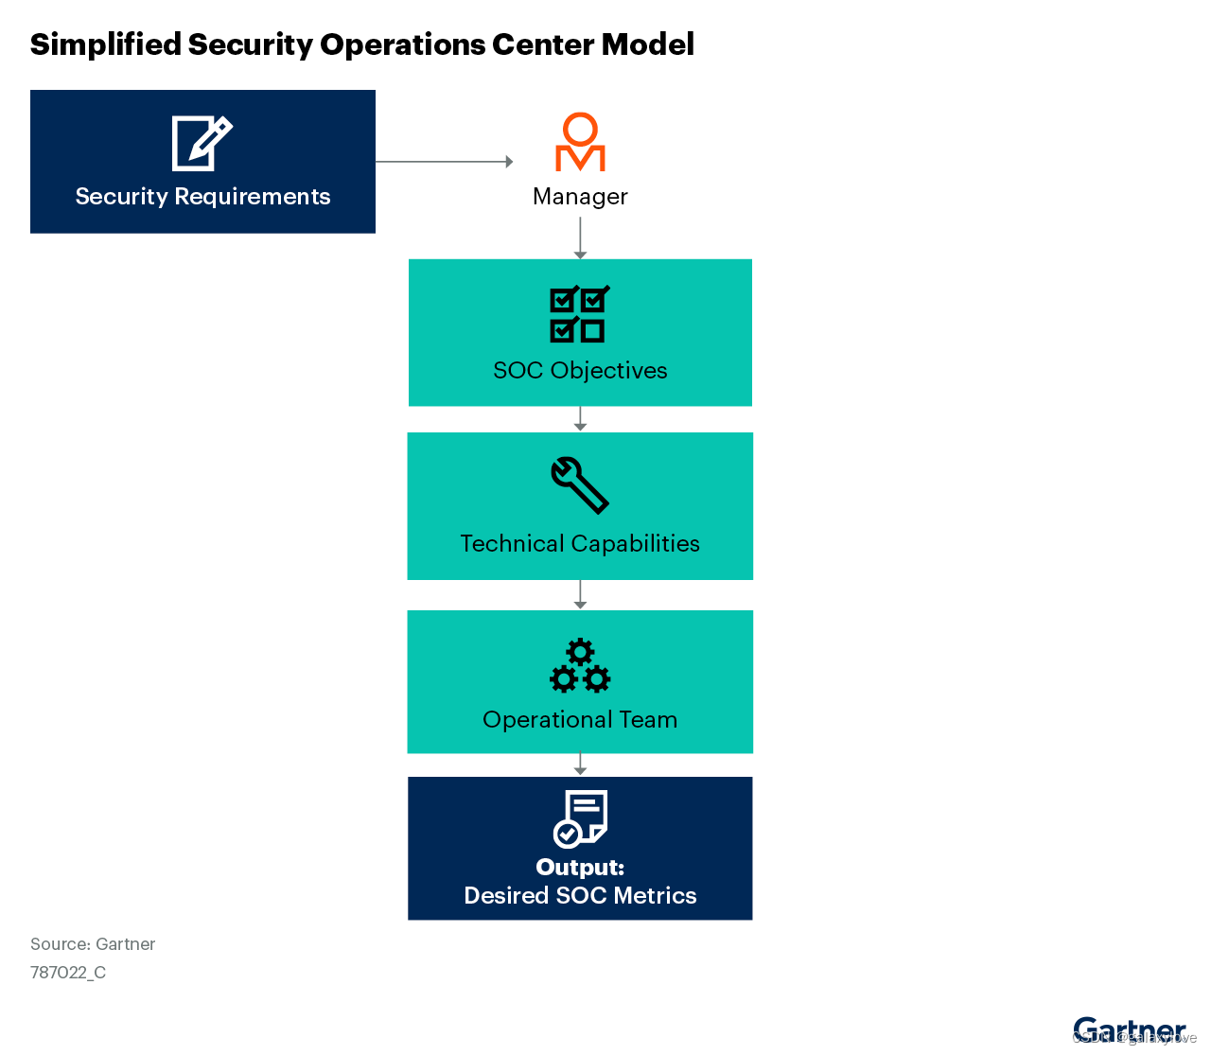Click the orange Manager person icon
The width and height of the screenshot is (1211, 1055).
(580, 143)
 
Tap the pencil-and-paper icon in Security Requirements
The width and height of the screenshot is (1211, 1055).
(202, 143)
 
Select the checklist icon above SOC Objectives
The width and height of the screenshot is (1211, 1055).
(579, 314)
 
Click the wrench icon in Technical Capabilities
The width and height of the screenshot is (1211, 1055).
(579, 485)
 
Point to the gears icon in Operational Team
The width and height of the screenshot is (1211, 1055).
(580, 666)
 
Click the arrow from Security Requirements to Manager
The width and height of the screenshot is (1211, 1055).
(443, 162)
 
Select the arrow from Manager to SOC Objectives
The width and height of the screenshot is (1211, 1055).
(580, 237)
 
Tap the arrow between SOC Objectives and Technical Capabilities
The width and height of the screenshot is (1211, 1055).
(580, 419)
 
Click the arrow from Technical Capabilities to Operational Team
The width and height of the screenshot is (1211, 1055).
(580, 594)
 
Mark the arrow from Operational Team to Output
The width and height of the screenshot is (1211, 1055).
(580, 765)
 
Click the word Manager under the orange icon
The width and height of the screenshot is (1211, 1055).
(580, 197)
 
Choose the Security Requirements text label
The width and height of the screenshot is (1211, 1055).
(202, 197)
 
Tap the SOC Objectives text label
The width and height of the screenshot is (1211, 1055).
(580, 371)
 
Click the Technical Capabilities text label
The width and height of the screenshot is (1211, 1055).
(580, 544)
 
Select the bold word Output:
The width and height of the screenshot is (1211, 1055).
(580, 868)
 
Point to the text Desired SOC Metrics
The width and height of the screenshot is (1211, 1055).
(580, 896)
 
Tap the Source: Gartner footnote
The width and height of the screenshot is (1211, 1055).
(93, 944)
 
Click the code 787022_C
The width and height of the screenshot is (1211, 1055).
(68, 973)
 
